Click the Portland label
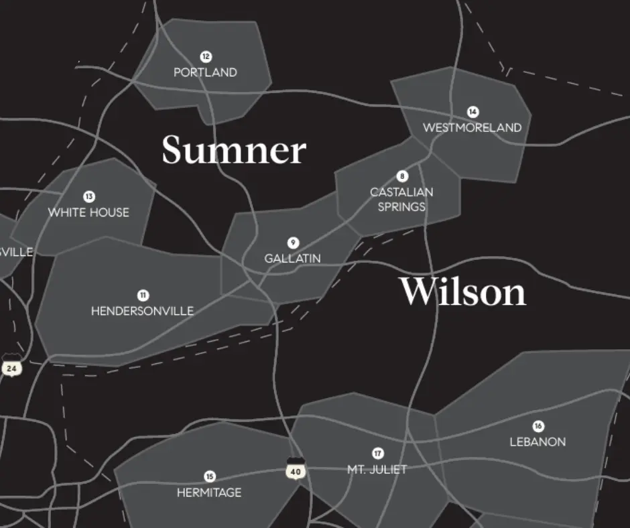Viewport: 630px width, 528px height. pyautogui.click(x=205, y=72)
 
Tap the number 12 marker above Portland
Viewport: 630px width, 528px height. pyautogui.click(x=206, y=56)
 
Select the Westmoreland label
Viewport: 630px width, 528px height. pyautogui.click(x=472, y=127)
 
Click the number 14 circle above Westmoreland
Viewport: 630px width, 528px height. pyautogui.click(x=473, y=112)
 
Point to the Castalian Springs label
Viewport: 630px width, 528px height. pyautogui.click(x=401, y=199)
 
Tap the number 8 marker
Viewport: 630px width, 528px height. pyautogui.click(x=402, y=176)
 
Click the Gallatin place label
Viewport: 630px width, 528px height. pyautogui.click(x=292, y=258)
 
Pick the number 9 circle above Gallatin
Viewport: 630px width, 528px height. pyautogui.click(x=293, y=243)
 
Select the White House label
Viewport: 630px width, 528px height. pyautogui.click(x=88, y=212)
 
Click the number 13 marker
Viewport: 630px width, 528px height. pyautogui.click(x=89, y=196)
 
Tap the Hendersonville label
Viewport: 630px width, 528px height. pyautogui.click(x=142, y=311)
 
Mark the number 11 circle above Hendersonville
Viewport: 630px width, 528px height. pyautogui.click(x=143, y=295)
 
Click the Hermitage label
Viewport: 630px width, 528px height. pyautogui.click(x=209, y=492)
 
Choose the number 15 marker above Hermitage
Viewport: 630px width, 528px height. pyautogui.click(x=210, y=476)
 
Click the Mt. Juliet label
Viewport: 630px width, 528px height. pyautogui.click(x=377, y=469)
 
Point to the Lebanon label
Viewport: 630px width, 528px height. pyautogui.click(x=538, y=442)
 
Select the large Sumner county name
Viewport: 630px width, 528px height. pyautogui.click(x=234, y=150)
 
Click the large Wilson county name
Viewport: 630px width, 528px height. pyautogui.click(x=462, y=292)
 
